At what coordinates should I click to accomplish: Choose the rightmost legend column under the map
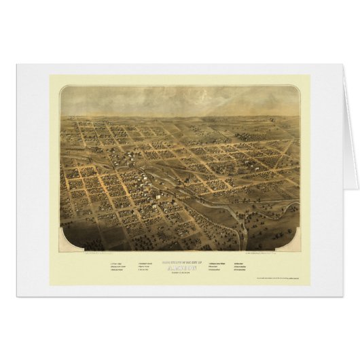242,264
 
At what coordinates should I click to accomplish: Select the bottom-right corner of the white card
344,296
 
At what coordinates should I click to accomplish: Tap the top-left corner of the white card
16,65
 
